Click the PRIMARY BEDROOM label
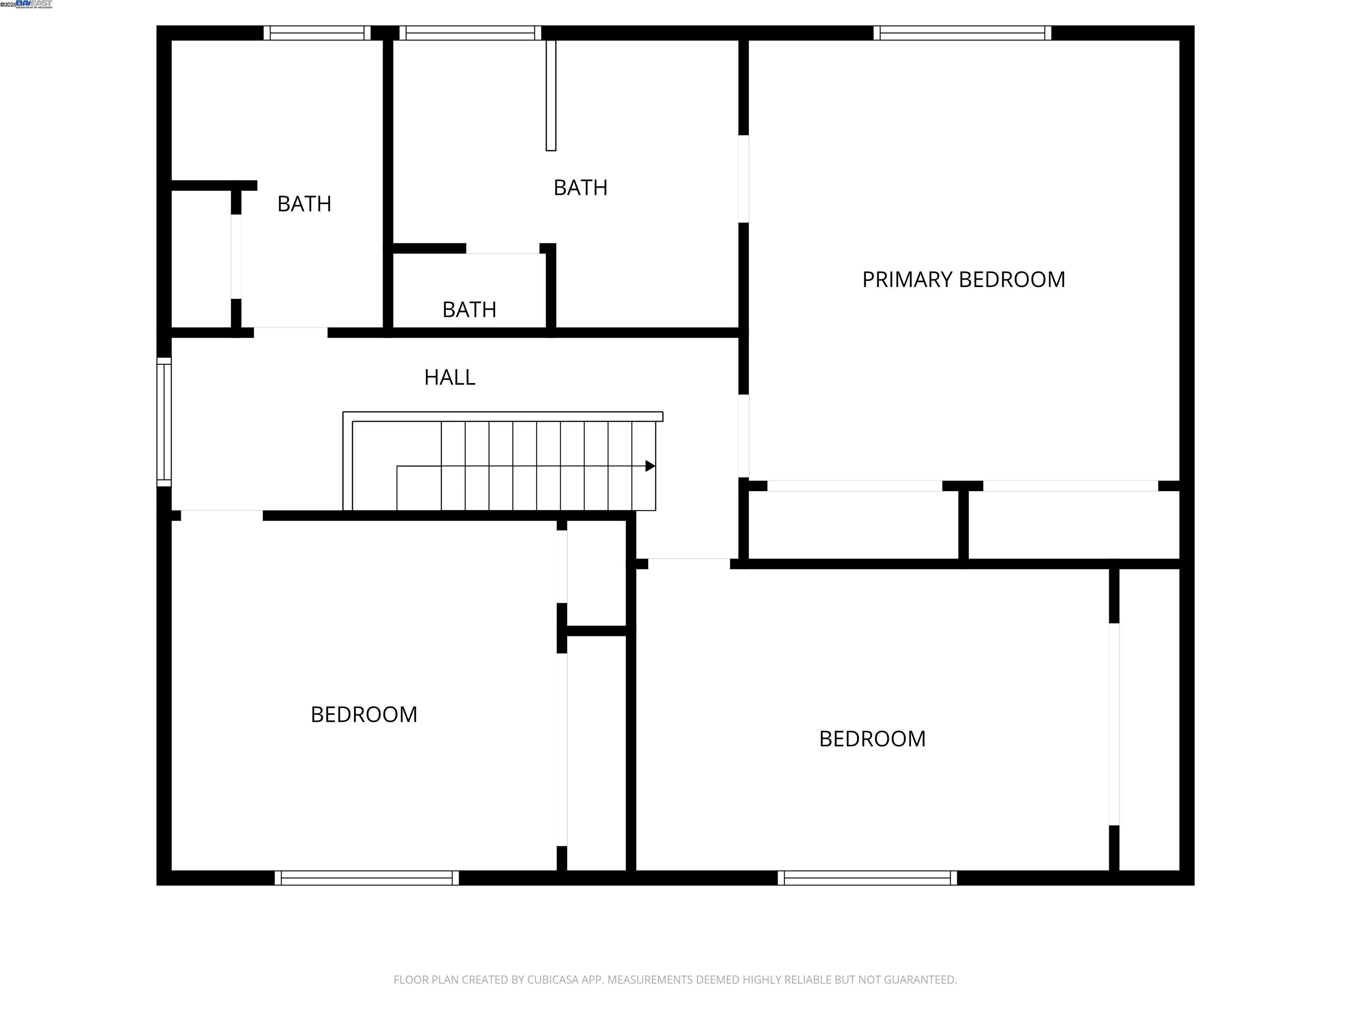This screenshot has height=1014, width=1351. click(x=963, y=279)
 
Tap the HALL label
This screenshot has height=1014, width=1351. click(x=449, y=377)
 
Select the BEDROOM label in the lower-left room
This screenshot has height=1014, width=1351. click(x=364, y=714)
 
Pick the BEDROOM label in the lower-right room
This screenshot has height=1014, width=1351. click(x=872, y=738)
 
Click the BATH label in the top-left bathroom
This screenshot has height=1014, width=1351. click(x=304, y=203)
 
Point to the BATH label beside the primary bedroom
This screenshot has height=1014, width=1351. click(x=580, y=187)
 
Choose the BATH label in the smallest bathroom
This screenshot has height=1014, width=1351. click(x=469, y=309)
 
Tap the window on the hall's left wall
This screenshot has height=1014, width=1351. click(x=164, y=422)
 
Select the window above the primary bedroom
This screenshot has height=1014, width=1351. click(x=962, y=33)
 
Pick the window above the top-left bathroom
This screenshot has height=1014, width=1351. click(x=317, y=33)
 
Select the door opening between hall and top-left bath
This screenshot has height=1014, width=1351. click(x=291, y=333)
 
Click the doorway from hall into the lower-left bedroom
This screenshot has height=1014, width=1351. click(x=222, y=515)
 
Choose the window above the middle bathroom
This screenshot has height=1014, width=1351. click(x=470, y=33)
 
